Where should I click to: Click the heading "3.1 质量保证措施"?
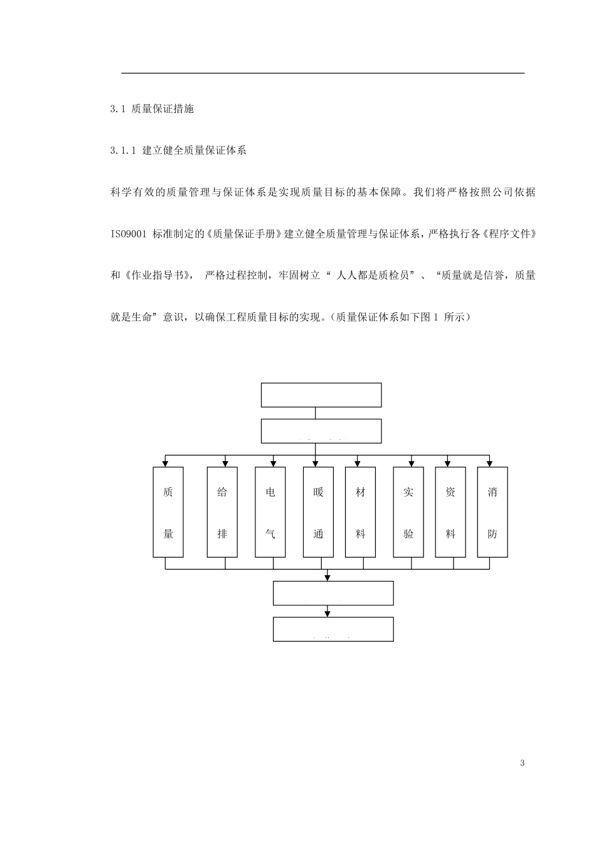[x=152, y=109]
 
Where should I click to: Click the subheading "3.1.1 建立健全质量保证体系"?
[x=178, y=151]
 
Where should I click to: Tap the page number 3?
[x=523, y=763]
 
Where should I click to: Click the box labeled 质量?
[x=168, y=512]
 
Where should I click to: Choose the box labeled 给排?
[x=222, y=512]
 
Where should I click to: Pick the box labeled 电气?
[x=270, y=512]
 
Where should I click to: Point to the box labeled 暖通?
[x=318, y=512]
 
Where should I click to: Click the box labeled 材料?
[x=361, y=512]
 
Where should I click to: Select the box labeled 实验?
[x=408, y=512]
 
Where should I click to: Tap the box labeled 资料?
[x=450, y=512]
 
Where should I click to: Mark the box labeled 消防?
[x=492, y=512]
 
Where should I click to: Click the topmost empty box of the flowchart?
[x=321, y=395]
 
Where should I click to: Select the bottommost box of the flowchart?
[x=333, y=629]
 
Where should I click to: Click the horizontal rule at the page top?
[x=322, y=73]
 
